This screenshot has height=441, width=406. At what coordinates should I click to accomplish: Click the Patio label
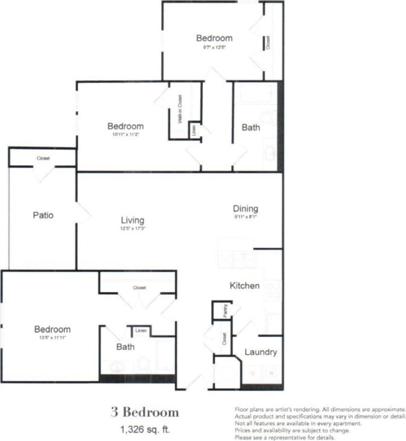click(x=43, y=215)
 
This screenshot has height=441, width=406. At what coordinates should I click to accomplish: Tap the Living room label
click(x=133, y=220)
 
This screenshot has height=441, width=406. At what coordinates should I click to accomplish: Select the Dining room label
click(x=245, y=209)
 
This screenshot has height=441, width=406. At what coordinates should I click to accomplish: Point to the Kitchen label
click(x=245, y=286)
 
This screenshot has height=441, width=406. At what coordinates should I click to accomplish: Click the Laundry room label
click(x=261, y=352)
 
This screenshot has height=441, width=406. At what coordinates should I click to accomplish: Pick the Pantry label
click(x=225, y=311)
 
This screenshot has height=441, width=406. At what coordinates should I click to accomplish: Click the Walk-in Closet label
click(x=180, y=109)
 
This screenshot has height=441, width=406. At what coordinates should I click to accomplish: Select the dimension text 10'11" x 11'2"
click(x=125, y=134)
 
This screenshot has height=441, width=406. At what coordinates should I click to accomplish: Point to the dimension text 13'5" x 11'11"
click(x=52, y=338)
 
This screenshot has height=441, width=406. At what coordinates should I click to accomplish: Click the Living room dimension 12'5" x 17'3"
click(x=133, y=228)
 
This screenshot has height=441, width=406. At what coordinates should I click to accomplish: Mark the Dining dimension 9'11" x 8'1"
click(x=245, y=217)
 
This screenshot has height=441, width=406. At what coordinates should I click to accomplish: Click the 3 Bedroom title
click(x=145, y=412)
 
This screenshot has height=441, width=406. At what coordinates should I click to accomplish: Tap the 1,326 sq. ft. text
click(x=145, y=428)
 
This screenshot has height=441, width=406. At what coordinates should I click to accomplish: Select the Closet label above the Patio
click(x=43, y=158)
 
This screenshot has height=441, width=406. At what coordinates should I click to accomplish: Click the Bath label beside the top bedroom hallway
click(x=250, y=127)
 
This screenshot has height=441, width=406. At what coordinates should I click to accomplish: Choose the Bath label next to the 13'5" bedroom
click(x=125, y=347)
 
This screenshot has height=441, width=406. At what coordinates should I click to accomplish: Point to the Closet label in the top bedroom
click(x=268, y=43)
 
